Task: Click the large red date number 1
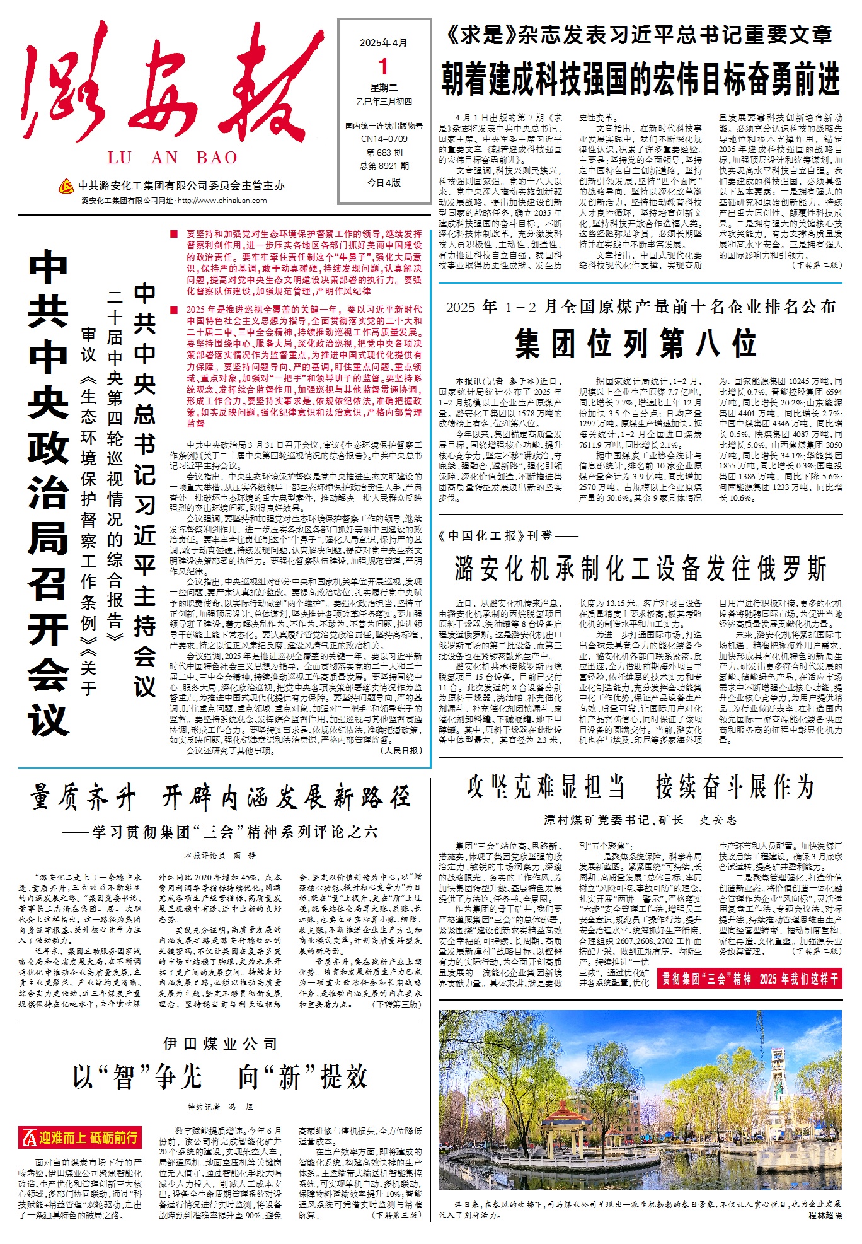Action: click(383, 66)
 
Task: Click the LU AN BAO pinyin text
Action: click(172, 158)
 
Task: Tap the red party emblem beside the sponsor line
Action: click(66, 186)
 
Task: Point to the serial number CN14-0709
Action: click(384, 139)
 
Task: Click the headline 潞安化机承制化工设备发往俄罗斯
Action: click(640, 568)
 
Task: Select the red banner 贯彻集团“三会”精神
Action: click(750, 978)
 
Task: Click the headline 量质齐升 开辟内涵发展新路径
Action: click(221, 798)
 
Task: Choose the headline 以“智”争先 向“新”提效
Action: click(221, 1076)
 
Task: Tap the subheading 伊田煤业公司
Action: click(221, 1044)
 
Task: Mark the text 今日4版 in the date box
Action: click(384, 183)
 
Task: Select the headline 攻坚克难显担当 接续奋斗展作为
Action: click(640, 787)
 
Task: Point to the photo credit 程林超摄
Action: click(825, 1215)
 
